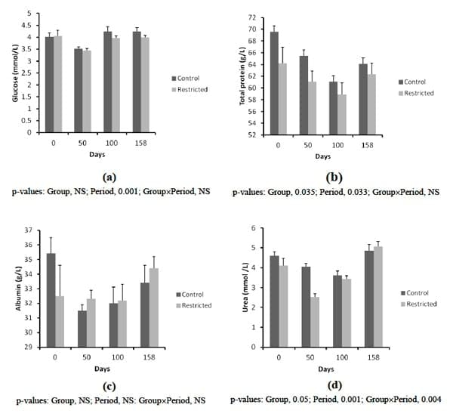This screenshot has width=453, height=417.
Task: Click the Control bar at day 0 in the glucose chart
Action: pos(49,85)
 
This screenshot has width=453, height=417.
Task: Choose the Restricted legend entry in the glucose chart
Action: pos(193,89)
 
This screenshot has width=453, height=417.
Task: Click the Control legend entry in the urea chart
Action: pos(420,293)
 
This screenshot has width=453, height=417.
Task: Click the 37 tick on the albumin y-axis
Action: pos(27,230)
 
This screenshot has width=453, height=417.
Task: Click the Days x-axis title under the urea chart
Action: pos(325,370)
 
